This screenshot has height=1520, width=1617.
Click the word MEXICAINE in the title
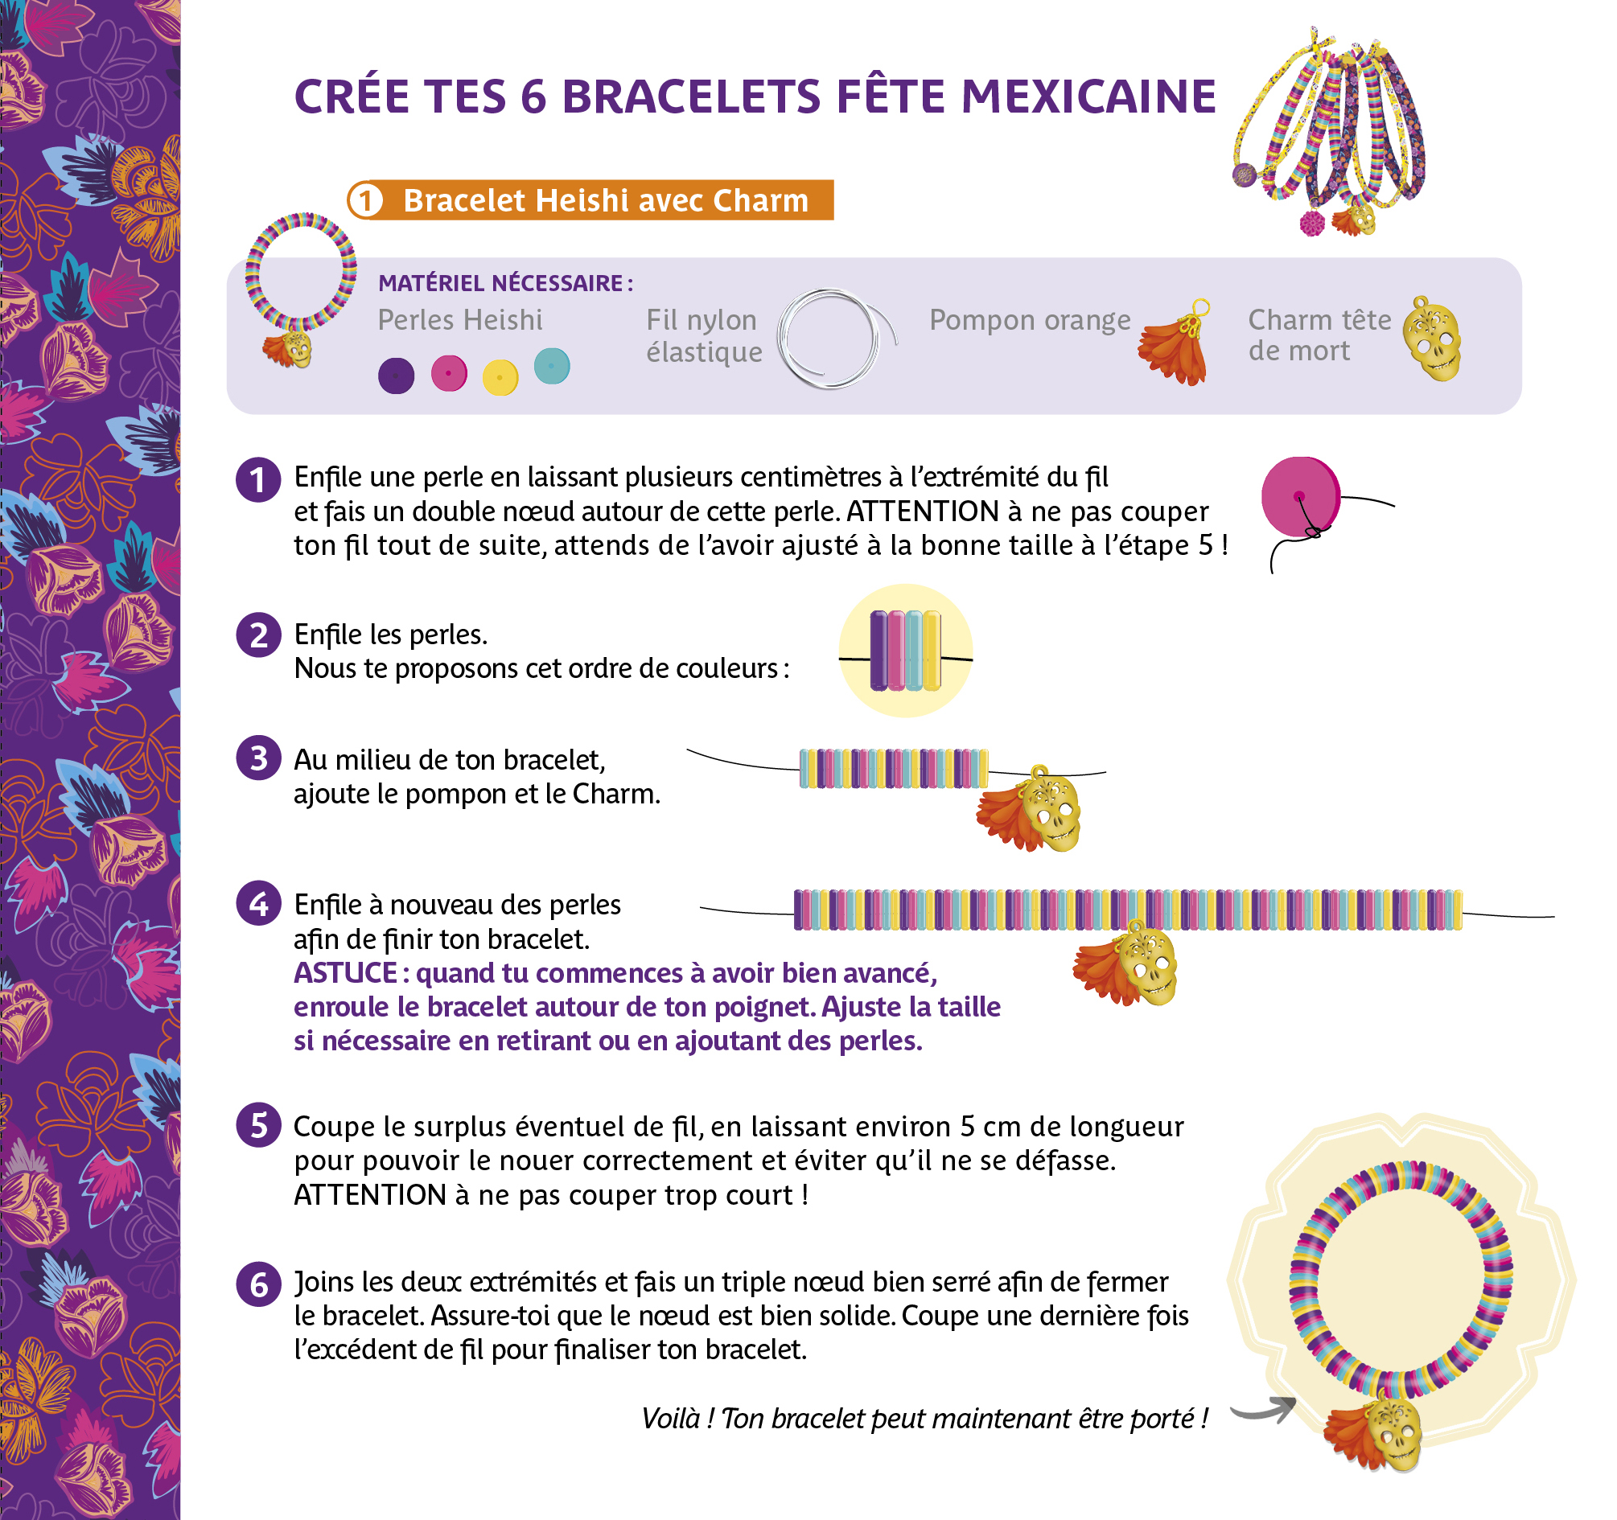tap(1088, 97)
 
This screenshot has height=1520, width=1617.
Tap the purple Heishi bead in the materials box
tap(396, 376)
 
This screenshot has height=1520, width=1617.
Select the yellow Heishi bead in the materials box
tap(500, 377)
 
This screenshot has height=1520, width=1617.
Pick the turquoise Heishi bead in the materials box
tap(552, 366)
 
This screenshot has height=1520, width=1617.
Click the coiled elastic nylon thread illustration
tap(829, 339)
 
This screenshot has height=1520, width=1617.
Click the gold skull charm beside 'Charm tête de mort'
tap(1433, 339)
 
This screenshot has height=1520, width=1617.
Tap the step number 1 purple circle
tap(259, 480)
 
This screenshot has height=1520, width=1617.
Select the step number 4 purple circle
tap(259, 903)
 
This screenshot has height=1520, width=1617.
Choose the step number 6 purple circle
tap(259, 1284)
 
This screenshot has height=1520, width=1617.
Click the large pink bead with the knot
tap(1299, 497)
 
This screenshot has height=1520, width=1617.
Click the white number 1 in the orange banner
tap(366, 200)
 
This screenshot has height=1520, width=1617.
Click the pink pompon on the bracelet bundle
tap(1311, 223)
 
